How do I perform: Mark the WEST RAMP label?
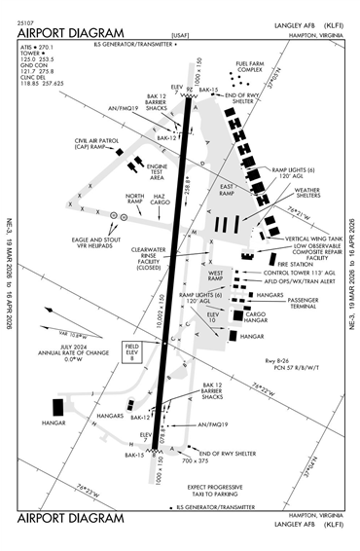(x=220, y=276)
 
